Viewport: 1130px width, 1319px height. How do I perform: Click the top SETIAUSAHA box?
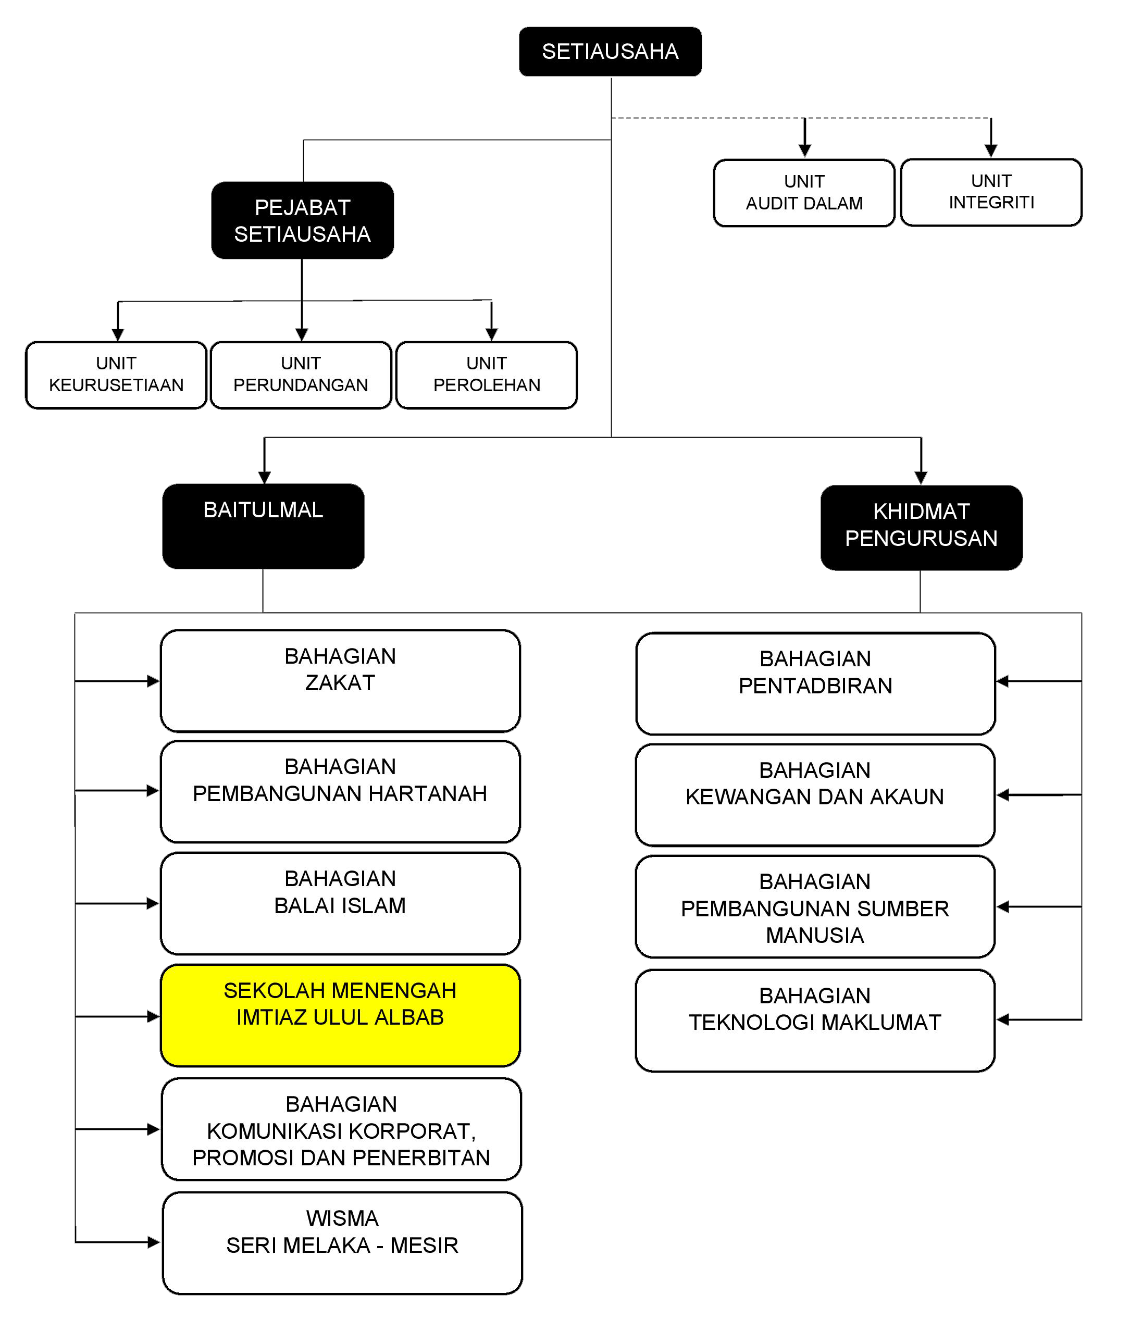pyautogui.click(x=610, y=52)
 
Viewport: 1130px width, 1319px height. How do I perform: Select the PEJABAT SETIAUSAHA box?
pyautogui.click(x=302, y=220)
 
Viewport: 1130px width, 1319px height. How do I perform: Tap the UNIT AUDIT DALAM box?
pyautogui.click(x=804, y=192)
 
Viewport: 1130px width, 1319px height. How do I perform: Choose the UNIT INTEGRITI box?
pyautogui.click(x=991, y=192)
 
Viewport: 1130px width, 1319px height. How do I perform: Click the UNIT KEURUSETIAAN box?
pyautogui.click(x=116, y=375)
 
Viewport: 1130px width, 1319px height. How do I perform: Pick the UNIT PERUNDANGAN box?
pyautogui.click(x=301, y=375)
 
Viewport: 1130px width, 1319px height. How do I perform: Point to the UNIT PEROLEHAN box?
pyautogui.click(x=487, y=375)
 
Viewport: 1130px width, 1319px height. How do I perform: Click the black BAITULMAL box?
pyautogui.click(x=263, y=526)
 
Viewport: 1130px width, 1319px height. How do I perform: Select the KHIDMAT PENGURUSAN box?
pyautogui.click(x=921, y=527)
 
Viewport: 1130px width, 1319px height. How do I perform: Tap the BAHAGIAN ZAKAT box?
pyautogui.click(x=340, y=680)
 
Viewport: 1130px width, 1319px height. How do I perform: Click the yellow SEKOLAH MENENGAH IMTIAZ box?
pyautogui.click(x=340, y=1015)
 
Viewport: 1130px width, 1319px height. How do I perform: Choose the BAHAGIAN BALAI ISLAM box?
pyautogui.click(x=340, y=903)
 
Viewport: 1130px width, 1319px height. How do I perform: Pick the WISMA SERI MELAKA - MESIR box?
pyautogui.click(x=342, y=1242)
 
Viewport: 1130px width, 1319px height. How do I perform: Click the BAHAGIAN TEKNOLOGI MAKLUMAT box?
pyautogui.click(x=815, y=1021)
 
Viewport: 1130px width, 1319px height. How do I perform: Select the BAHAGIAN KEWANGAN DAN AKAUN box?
pyautogui.click(x=815, y=794)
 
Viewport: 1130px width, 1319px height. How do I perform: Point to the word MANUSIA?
pyautogui.click(x=815, y=935)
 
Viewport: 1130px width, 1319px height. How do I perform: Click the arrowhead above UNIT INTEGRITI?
pyautogui.click(x=990, y=151)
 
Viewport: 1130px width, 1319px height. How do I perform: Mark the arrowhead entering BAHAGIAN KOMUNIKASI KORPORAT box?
pyautogui.click(x=153, y=1129)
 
